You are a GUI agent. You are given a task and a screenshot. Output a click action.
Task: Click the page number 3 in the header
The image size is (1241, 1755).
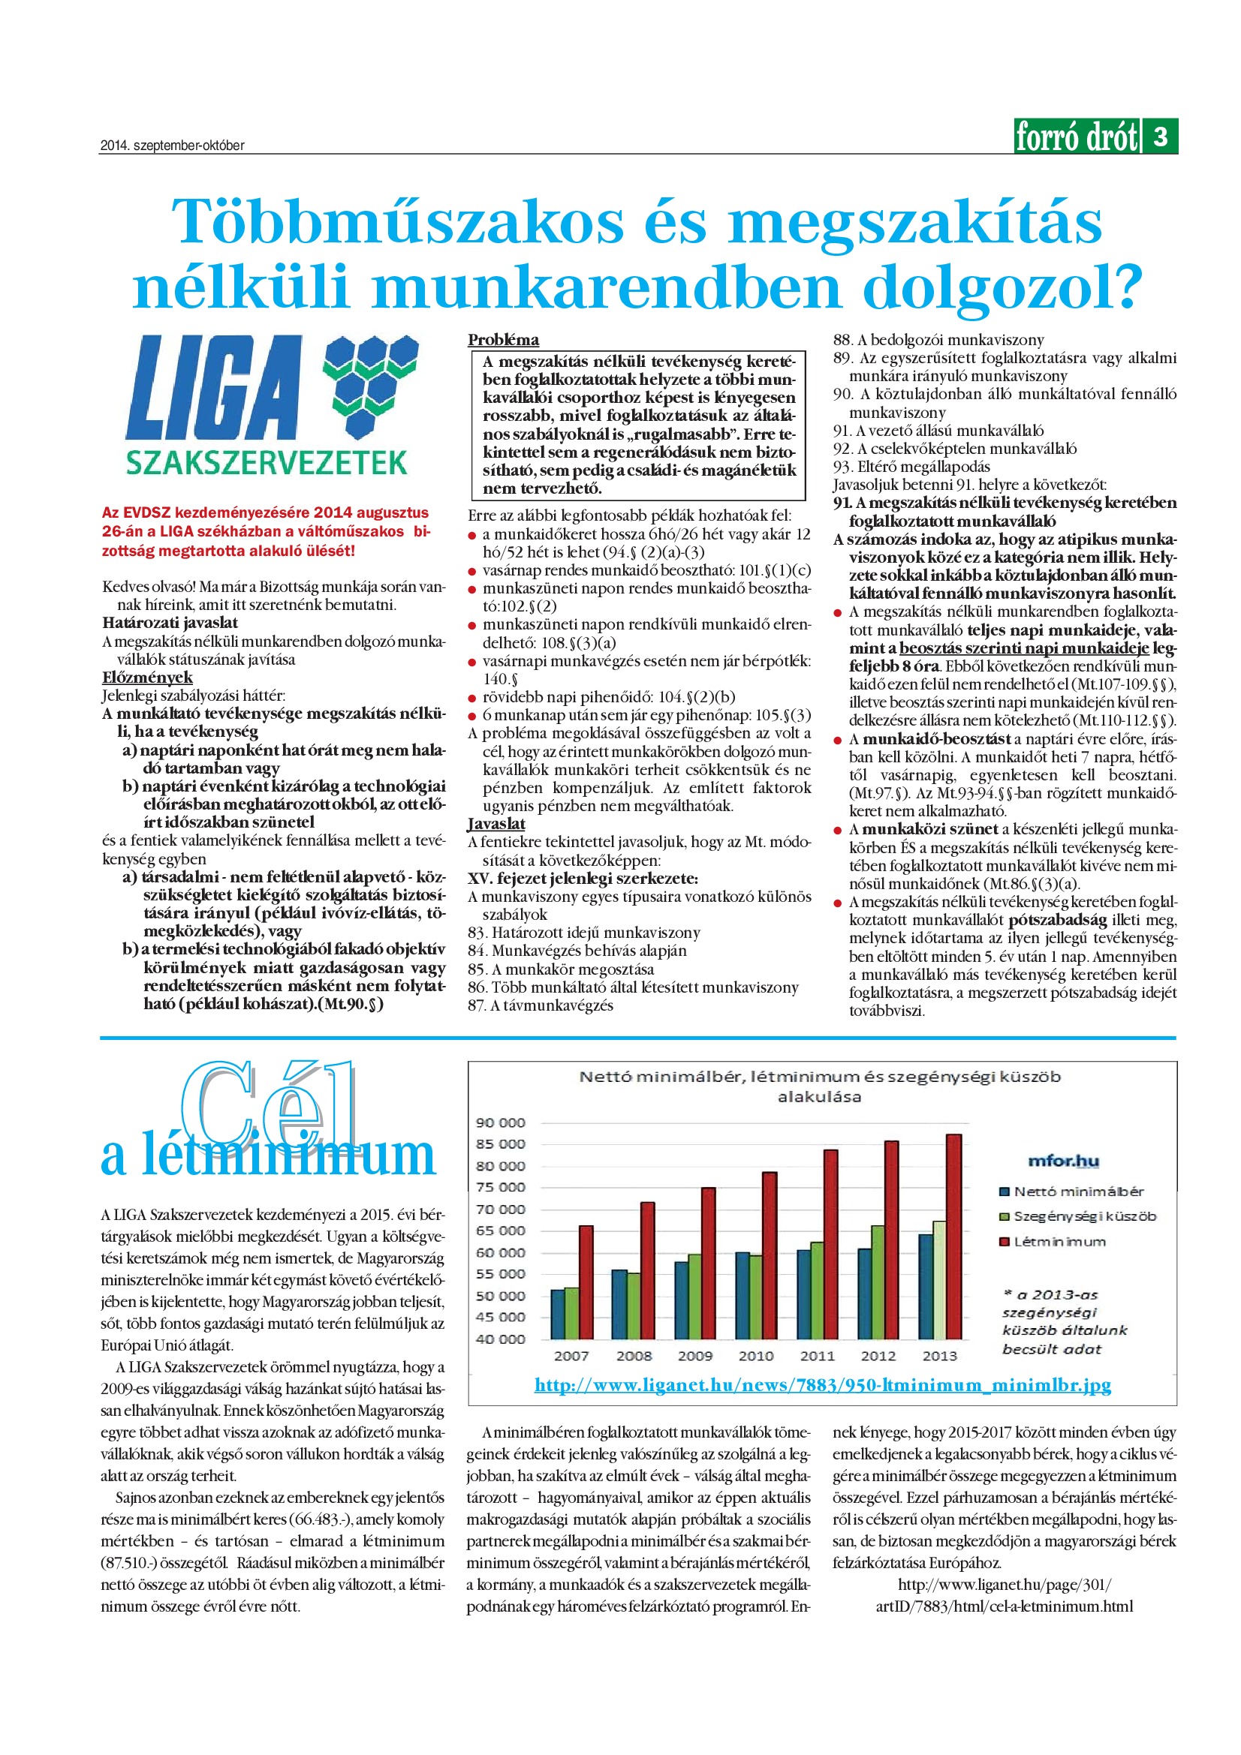click(1160, 137)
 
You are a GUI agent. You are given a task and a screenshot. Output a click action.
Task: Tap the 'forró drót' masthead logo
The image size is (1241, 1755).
click(1076, 137)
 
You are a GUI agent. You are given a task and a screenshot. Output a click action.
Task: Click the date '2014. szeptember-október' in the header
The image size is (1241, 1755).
click(172, 146)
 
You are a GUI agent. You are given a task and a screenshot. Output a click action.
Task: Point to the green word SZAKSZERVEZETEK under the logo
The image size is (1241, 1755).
click(266, 463)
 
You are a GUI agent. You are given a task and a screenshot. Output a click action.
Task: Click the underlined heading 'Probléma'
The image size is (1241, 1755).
click(503, 340)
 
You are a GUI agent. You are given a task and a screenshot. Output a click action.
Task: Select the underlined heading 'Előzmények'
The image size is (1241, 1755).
click(147, 678)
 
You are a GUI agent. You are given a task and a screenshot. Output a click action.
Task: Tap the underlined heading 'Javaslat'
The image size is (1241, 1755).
click(496, 823)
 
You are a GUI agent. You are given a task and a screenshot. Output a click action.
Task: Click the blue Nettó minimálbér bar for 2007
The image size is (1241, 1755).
click(557, 1314)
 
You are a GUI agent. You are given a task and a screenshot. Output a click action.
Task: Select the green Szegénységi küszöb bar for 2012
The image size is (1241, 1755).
click(878, 1282)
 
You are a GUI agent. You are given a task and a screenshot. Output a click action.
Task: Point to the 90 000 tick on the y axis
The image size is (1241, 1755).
click(500, 1123)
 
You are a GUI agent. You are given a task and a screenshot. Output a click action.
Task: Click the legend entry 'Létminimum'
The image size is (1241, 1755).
click(1051, 1242)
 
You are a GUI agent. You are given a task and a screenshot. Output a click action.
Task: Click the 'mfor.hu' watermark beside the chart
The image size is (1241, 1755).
click(1063, 1161)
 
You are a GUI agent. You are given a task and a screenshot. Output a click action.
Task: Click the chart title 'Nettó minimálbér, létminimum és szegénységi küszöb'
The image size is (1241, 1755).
click(820, 1077)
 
